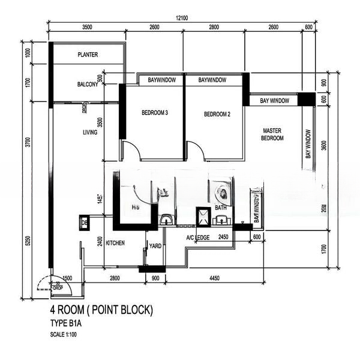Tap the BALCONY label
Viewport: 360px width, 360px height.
[x=88, y=85]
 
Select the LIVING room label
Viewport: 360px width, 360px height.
[x=90, y=132]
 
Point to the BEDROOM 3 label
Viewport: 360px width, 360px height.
[x=155, y=113]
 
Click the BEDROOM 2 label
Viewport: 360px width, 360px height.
[x=217, y=114]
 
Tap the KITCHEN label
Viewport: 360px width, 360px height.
[x=115, y=244]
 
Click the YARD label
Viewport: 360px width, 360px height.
[x=155, y=245]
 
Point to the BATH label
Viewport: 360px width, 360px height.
[x=221, y=208]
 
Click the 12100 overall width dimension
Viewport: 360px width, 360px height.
[x=182, y=19]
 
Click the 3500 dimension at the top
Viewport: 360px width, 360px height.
[x=87, y=28]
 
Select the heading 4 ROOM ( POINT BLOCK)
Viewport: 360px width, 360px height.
[x=102, y=310]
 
